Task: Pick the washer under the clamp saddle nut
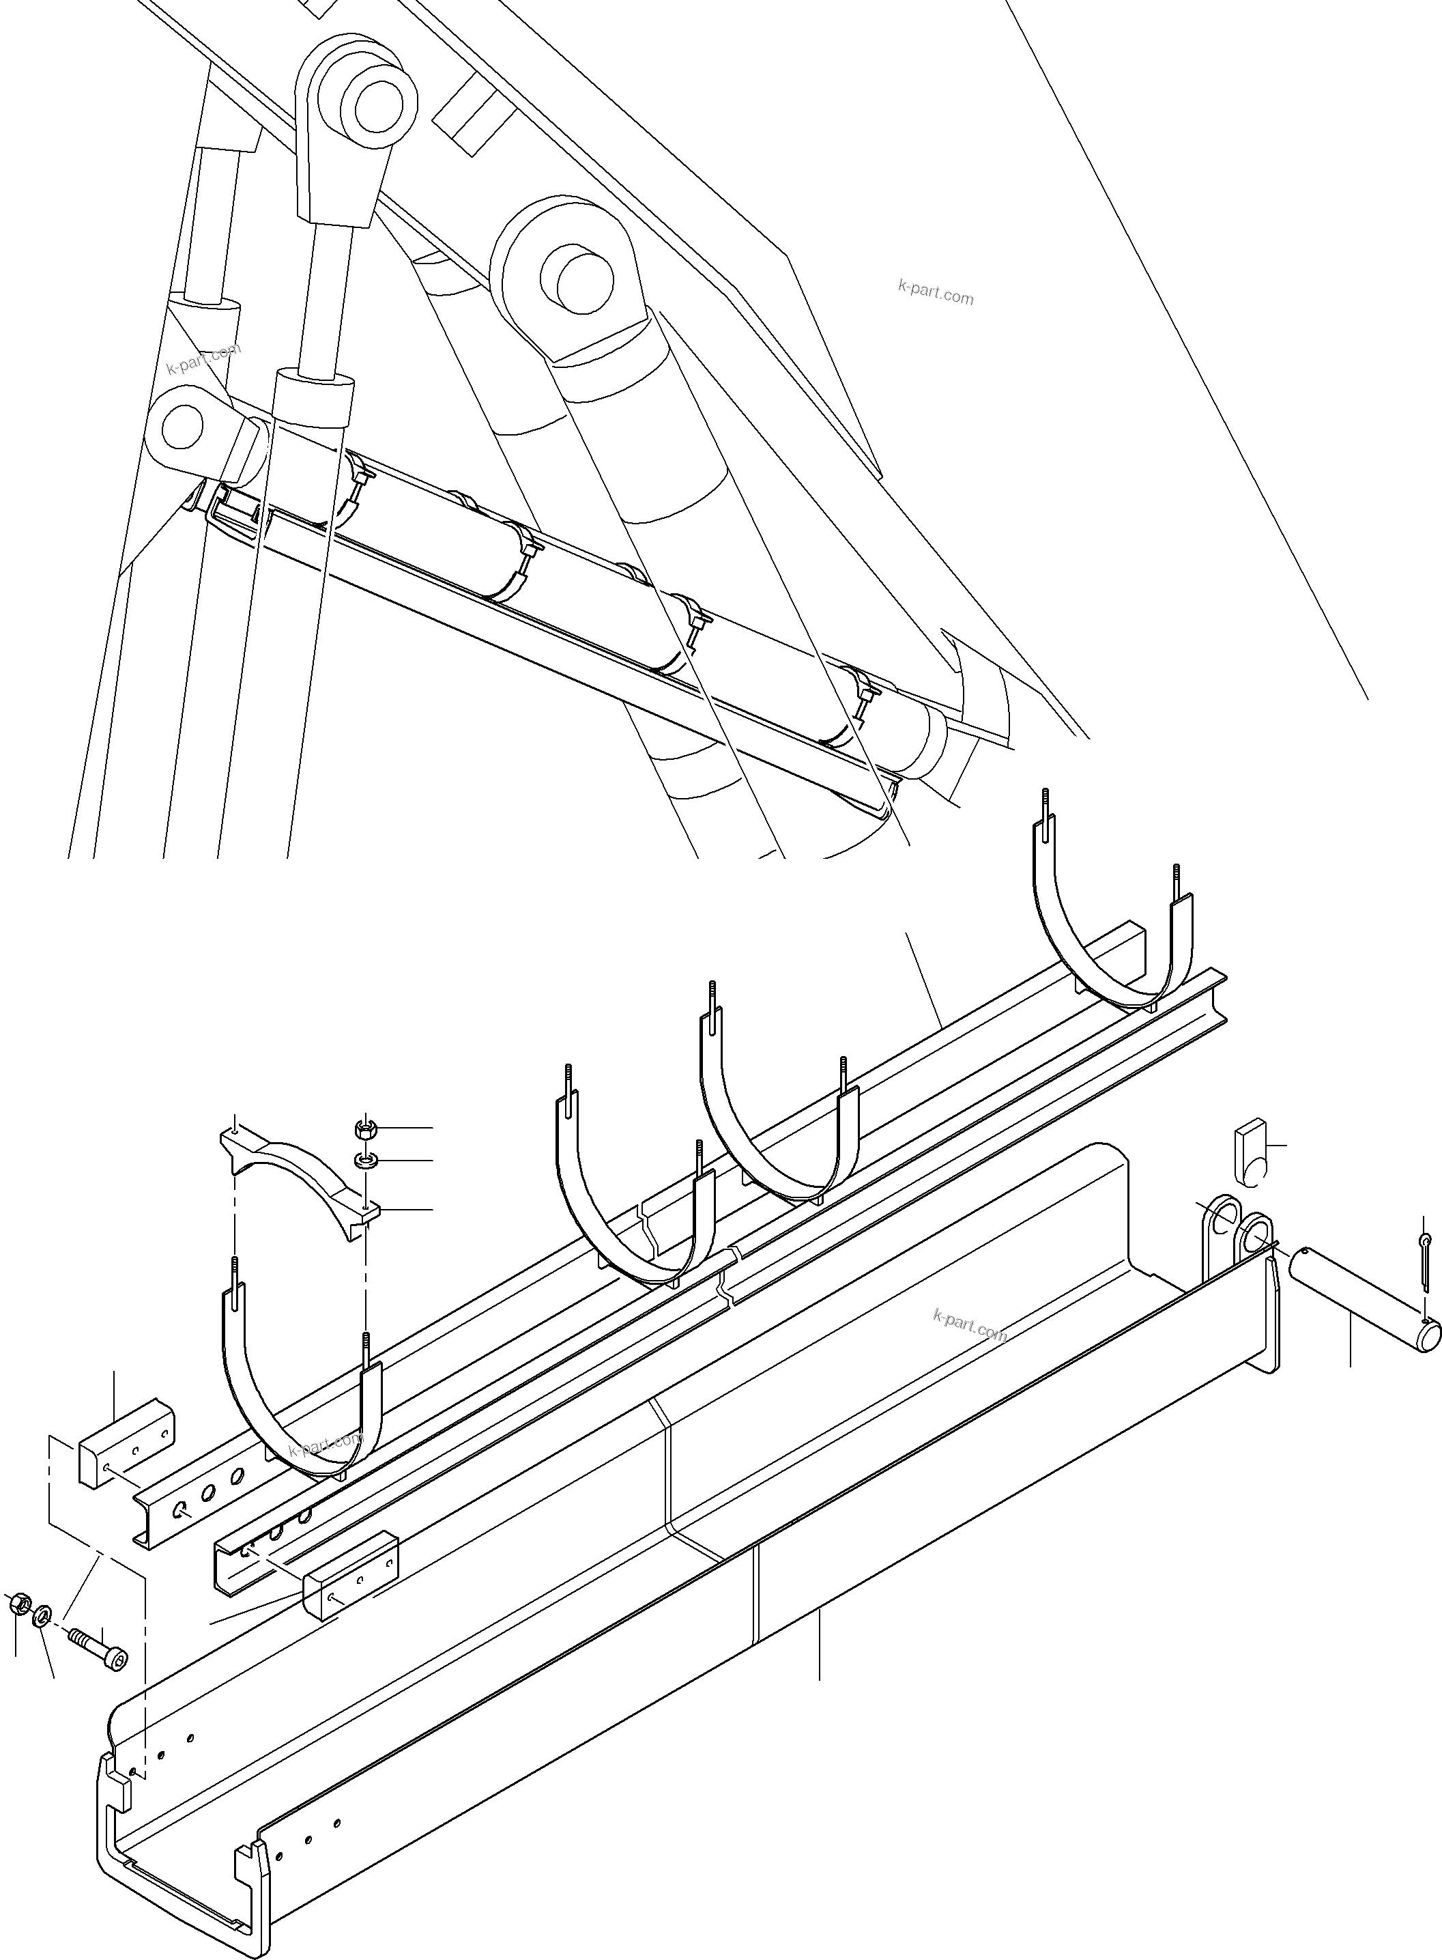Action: (x=366, y=1161)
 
